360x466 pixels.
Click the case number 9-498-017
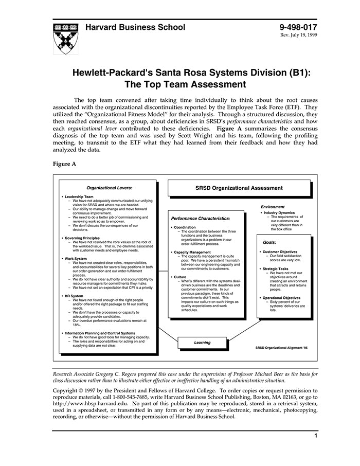(x=298, y=27)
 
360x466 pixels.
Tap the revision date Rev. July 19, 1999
(x=298, y=35)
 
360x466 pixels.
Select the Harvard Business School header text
(x=135, y=27)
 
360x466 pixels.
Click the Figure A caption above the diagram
(x=64, y=164)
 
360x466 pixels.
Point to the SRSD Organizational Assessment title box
(x=239, y=188)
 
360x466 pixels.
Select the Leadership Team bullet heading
(x=79, y=196)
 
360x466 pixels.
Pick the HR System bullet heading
(x=74, y=296)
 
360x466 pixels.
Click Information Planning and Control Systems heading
(x=100, y=333)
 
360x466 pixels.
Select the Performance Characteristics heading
(x=200, y=219)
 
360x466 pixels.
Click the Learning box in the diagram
(x=202, y=343)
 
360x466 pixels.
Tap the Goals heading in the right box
(x=269, y=242)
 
